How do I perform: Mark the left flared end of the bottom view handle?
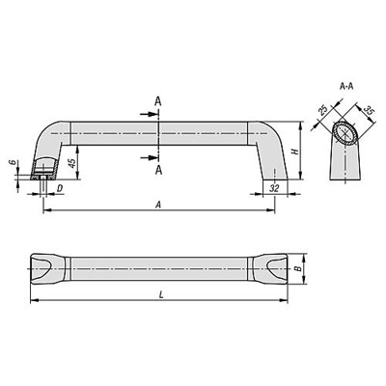[x=48, y=265]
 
